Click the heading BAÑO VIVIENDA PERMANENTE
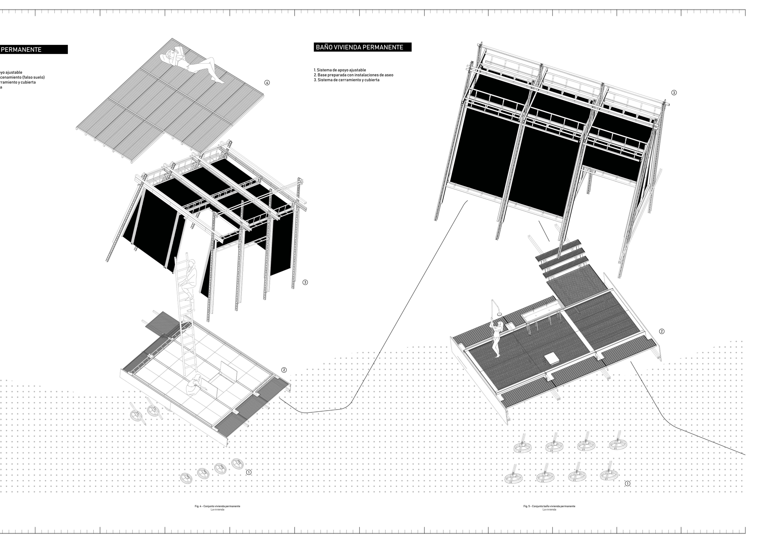coord(359,47)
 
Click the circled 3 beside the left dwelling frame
coord(305,282)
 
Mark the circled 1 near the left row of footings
coord(248,472)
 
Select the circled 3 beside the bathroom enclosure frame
coord(674,93)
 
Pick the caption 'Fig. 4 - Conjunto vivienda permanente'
coord(217,506)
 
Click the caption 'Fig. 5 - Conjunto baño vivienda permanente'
coord(549,506)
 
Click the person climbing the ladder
coord(188,278)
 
